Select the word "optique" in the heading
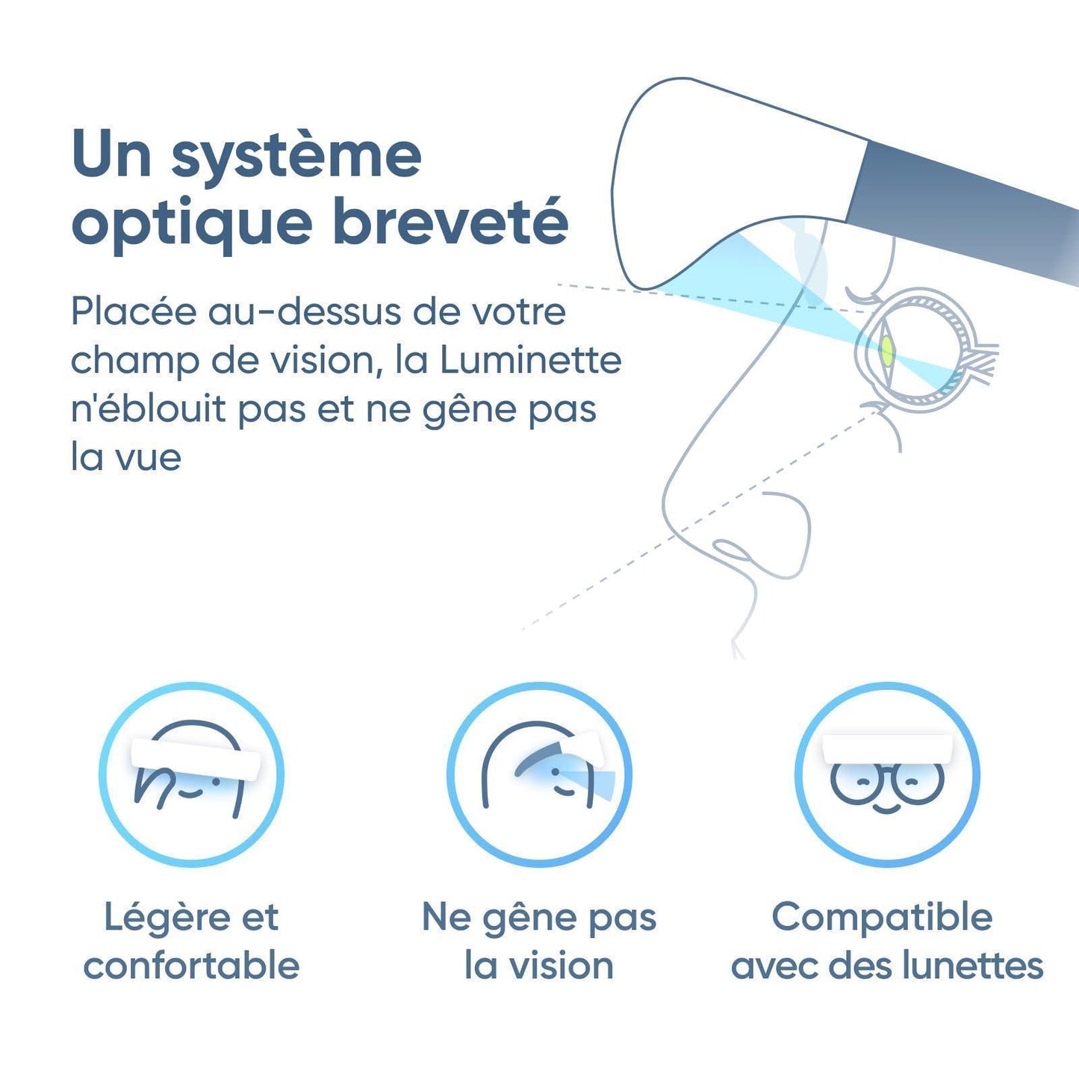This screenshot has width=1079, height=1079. pos(192,225)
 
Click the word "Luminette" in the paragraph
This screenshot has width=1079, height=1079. pos(530,361)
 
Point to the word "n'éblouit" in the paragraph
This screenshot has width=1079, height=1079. pos(147,409)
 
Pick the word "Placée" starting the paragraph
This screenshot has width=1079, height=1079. pos(134,312)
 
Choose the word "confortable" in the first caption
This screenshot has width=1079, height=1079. pos(191,966)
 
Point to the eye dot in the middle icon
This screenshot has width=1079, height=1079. pos(555,772)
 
